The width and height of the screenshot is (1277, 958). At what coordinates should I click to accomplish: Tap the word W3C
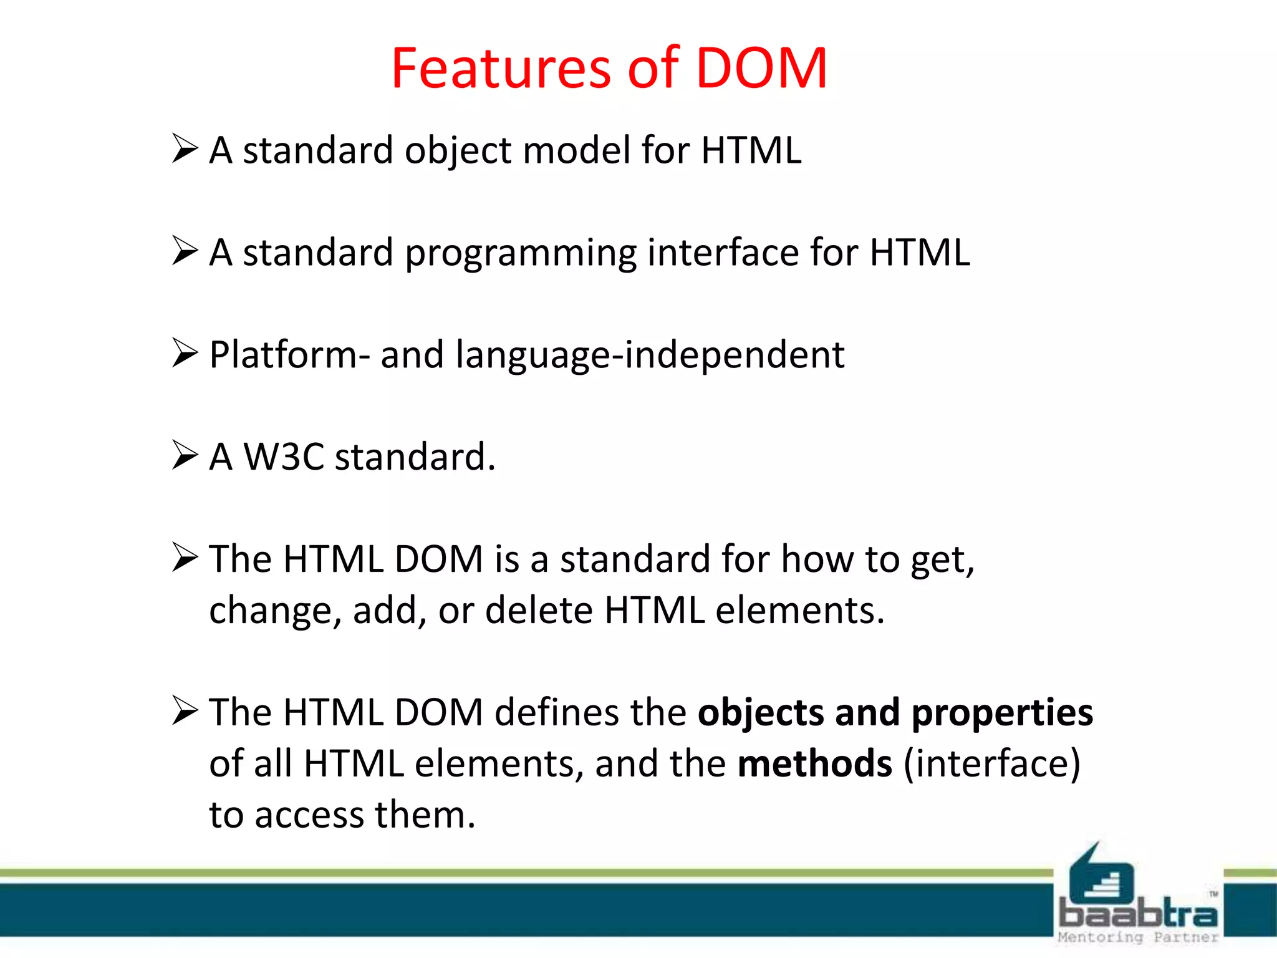point(284,457)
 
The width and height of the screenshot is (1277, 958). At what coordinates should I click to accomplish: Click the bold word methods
point(814,764)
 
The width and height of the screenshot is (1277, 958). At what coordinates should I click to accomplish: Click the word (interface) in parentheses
point(991,764)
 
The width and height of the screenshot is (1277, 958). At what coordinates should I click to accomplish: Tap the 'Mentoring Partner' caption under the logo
point(1137,937)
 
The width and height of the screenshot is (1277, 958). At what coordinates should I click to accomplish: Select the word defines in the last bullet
point(556,713)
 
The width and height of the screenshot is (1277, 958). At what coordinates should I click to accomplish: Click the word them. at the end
point(425,815)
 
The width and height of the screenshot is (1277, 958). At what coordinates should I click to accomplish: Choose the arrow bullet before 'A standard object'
point(185,148)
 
